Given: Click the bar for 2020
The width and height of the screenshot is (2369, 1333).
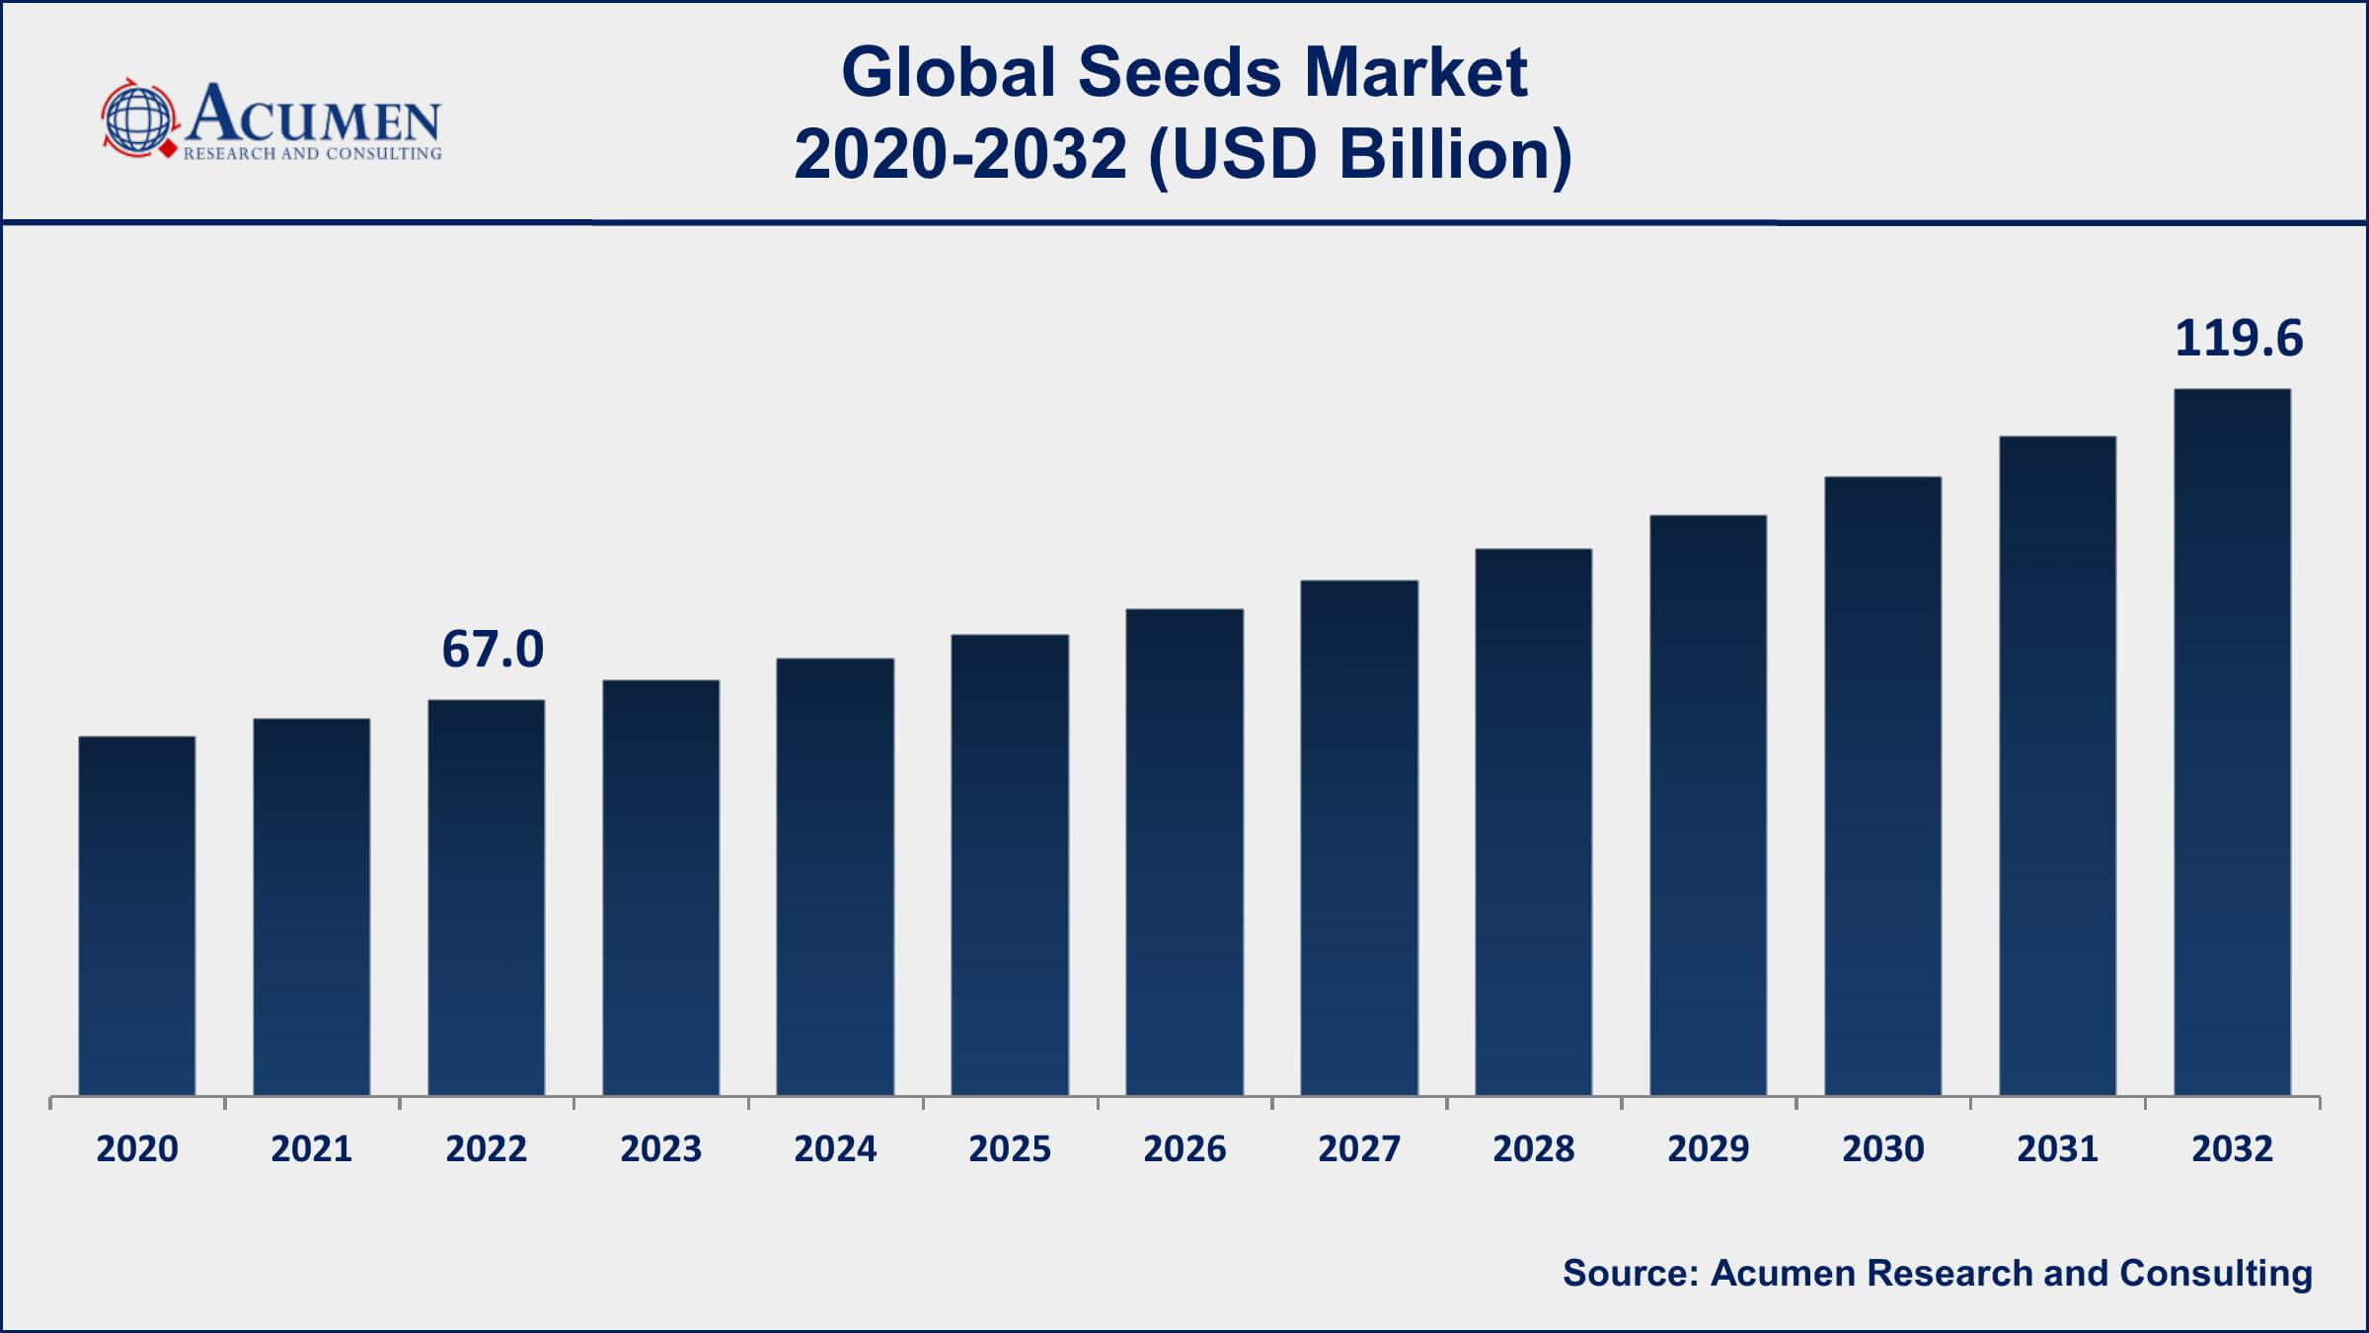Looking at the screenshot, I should (137, 915).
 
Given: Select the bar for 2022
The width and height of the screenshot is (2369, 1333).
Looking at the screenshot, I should (487, 898).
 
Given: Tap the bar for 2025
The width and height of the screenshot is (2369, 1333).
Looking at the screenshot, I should (1010, 865).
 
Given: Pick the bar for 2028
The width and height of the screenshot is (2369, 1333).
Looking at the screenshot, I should (1534, 822).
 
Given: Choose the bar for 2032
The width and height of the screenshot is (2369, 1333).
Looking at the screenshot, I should (2232, 742).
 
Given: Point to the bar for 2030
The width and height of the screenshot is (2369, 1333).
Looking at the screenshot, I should (1882, 786).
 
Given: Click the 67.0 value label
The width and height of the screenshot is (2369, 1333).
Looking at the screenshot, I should (493, 650).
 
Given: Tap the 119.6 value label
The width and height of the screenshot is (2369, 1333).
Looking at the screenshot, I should (2239, 339).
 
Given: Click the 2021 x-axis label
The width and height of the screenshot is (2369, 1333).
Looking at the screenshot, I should (312, 1148).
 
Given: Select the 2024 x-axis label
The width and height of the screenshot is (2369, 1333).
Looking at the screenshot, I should (835, 1148).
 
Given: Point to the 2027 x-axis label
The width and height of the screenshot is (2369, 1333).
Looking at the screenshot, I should (1359, 1148).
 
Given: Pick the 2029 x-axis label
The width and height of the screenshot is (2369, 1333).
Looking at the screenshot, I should (1709, 1148).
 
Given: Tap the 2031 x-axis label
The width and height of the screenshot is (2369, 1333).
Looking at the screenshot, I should (2057, 1148).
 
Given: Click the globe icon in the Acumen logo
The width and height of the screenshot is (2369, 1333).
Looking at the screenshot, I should (138, 119).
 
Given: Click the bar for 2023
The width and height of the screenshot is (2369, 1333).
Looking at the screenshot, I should (661, 888).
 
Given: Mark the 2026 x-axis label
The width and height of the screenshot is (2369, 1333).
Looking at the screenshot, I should (1184, 1148).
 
